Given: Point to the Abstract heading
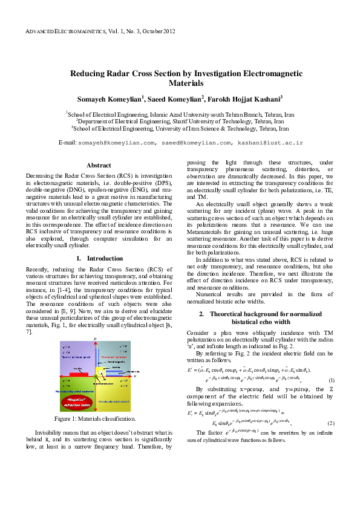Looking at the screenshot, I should coord(99,165).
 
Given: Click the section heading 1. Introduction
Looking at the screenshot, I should coord(99,258).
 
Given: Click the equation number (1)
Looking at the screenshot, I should coord(349,380).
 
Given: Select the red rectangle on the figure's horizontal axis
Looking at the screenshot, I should coord(79,375).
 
